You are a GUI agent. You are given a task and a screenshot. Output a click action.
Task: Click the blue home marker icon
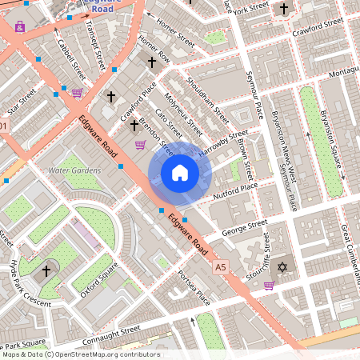[x=180, y=173]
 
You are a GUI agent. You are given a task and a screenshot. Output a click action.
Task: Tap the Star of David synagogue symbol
[x=281, y=266]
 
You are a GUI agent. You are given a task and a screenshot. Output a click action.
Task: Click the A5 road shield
[x=221, y=266]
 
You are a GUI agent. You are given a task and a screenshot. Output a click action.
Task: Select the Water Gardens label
[x=74, y=170]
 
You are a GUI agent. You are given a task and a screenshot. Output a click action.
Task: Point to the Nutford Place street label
[x=235, y=190]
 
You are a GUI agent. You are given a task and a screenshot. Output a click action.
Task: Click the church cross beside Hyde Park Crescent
[x=46, y=270]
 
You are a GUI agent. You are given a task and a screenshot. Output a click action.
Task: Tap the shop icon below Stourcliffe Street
[x=269, y=285]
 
